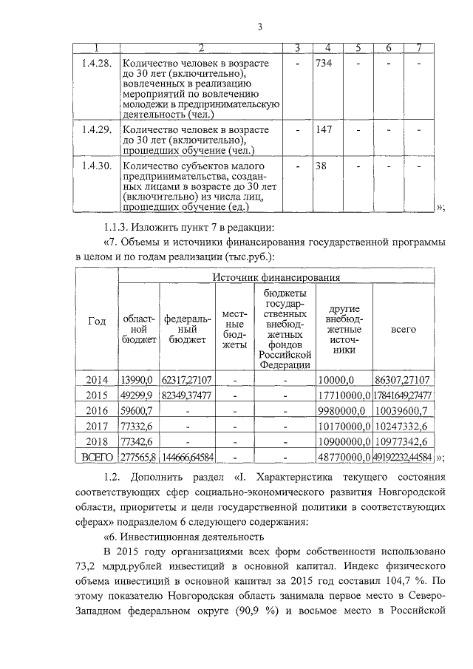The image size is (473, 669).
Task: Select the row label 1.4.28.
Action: point(96,64)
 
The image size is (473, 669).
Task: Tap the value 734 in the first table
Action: point(324,64)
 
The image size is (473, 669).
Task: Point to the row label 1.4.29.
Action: point(96,130)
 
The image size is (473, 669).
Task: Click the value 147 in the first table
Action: point(324,130)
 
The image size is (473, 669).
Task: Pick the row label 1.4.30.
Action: point(96,166)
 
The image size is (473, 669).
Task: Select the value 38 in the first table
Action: point(321,166)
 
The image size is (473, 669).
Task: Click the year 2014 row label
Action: point(97,379)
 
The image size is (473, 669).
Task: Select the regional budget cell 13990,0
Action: point(137,379)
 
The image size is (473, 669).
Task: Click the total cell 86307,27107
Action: point(404,379)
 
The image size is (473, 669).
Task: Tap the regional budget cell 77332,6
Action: point(137,426)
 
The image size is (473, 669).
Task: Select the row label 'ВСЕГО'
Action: point(97,458)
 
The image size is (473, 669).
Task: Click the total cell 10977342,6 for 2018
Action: point(404,442)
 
